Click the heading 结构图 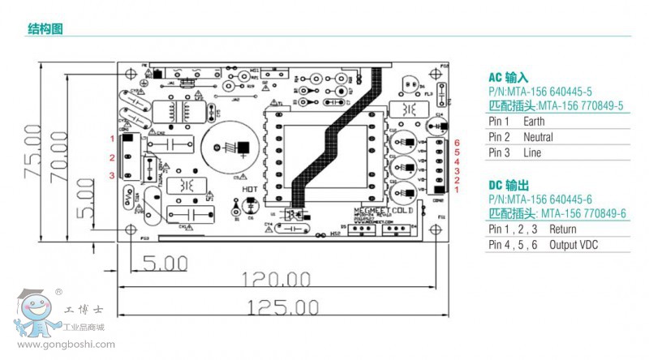(45, 30)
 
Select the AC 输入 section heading (508, 78)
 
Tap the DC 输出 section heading (508, 185)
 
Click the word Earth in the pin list (535, 122)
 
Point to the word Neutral (539, 137)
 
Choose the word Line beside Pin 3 (532, 153)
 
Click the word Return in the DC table (562, 229)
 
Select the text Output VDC (574, 245)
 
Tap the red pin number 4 (458, 161)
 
